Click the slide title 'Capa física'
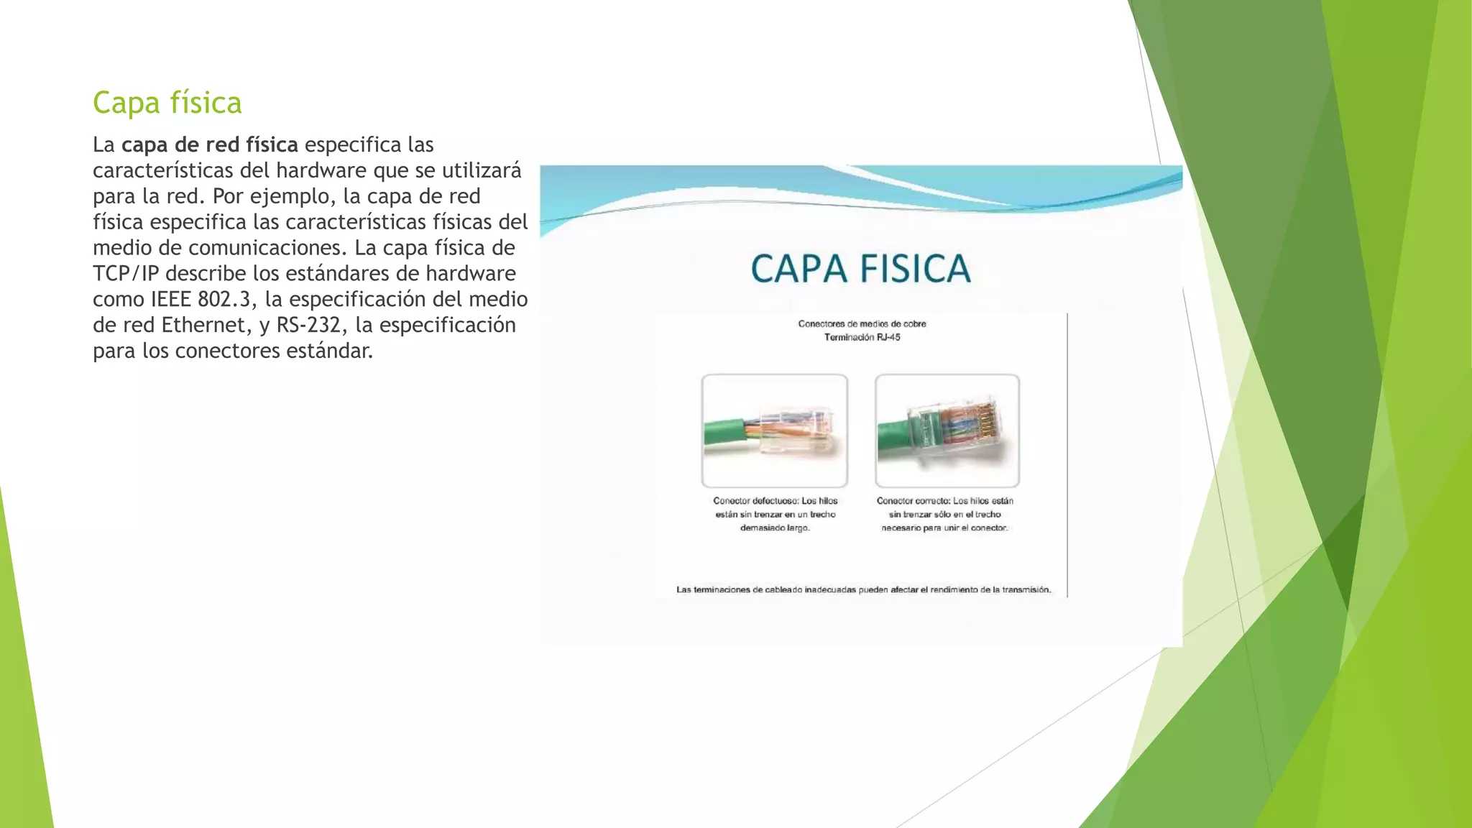point(167,103)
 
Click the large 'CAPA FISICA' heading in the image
point(860,270)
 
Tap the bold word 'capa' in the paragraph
point(145,145)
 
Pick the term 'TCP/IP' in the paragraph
point(125,274)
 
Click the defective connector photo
point(774,431)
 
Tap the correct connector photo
point(947,431)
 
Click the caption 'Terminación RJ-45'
point(862,337)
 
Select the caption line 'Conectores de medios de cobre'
point(862,323)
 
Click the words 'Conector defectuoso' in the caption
point(754,501)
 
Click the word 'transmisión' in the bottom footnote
point(1026,590)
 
